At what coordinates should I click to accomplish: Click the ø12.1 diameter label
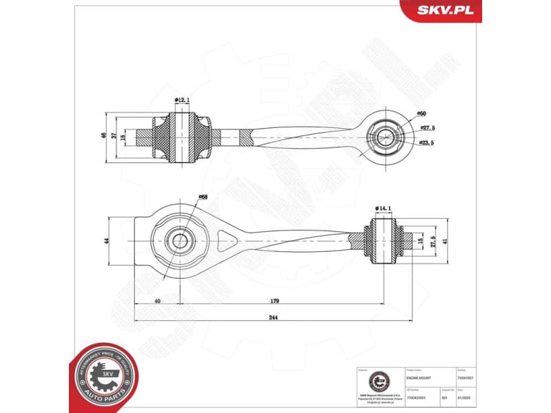point(182,100)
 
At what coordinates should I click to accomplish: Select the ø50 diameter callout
point(422,113)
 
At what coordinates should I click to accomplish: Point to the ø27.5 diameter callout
point(428,128)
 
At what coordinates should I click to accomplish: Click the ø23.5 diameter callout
point(427,142)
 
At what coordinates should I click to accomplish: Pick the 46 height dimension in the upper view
point(105,136)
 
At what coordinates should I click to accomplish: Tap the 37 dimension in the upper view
point(114,136)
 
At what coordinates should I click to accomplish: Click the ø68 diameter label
point(203,198)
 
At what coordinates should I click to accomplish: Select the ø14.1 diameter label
point(384,208)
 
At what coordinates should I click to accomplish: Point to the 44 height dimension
point(107,242)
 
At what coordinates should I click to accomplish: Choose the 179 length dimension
point(275,300)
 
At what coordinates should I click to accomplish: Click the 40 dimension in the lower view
point(157,300)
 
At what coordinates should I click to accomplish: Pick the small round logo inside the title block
point(378,381)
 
